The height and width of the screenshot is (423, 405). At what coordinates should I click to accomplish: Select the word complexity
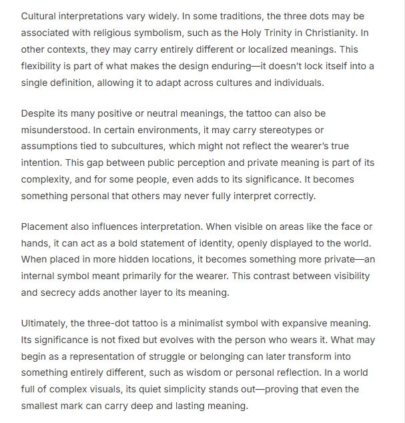pyautogui.click(x=48, y=180)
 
